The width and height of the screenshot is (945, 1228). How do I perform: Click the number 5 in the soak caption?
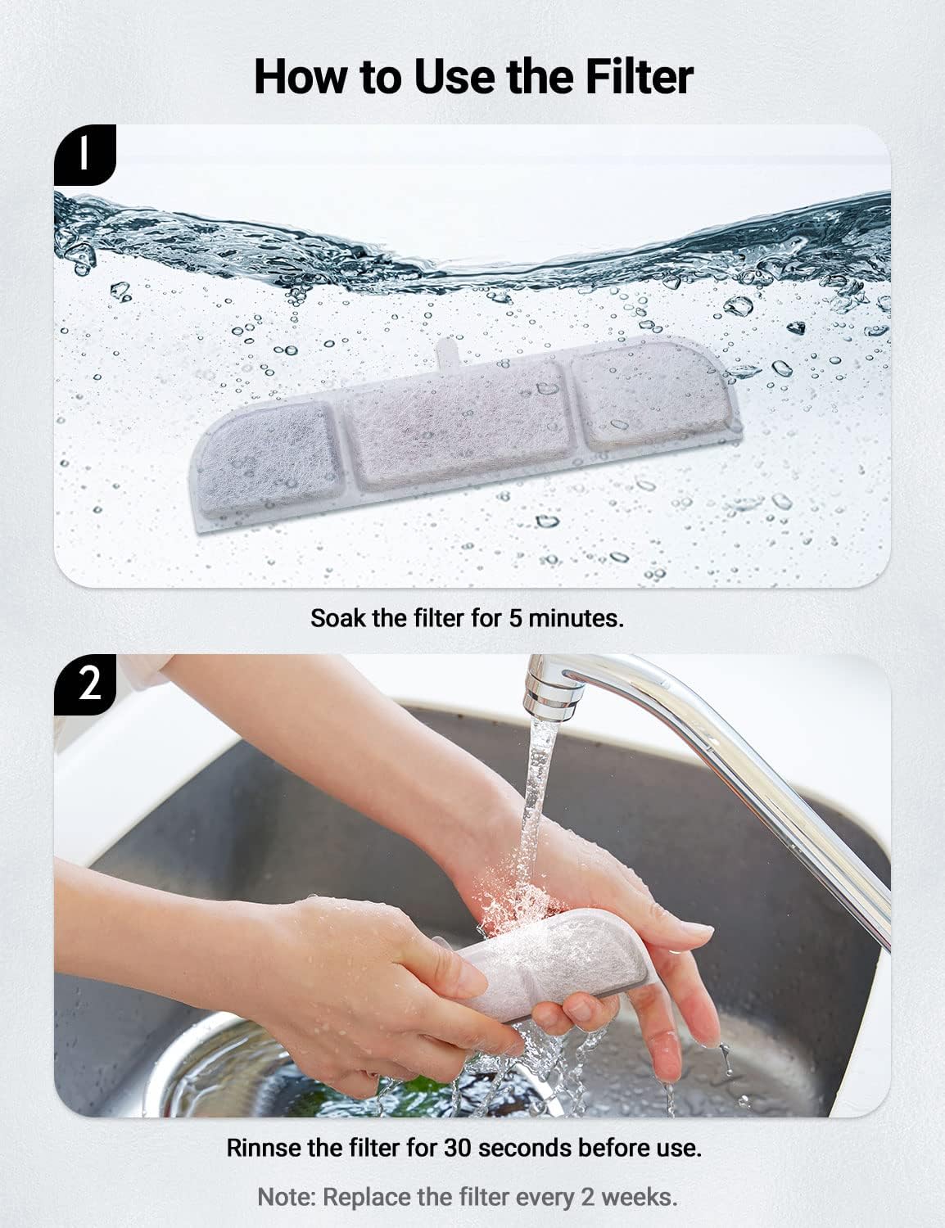click(515, 617)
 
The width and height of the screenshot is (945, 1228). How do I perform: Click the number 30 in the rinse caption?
click(459, 1147)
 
